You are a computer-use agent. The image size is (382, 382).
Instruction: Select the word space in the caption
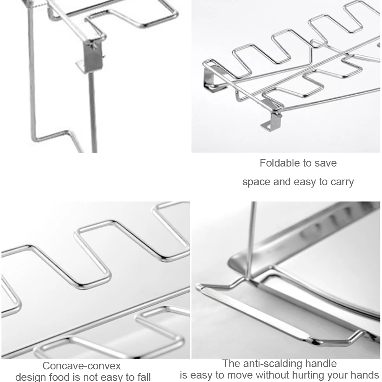pos(256,182)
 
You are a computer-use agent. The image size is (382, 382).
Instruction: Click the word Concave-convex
pos(81,366)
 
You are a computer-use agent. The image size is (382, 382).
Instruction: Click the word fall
pos(143,377)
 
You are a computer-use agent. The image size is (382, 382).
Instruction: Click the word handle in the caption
pos(322,363)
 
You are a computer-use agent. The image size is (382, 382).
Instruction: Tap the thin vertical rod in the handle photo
pos(250,241)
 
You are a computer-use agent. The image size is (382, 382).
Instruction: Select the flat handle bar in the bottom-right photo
pos(267,311)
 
